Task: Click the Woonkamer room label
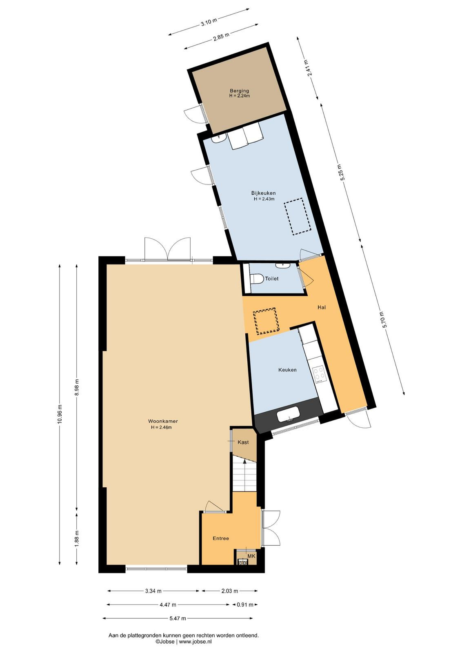(x=163, y=421)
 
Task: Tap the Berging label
(x=239, y=91)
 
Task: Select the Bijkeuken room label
(x=264, y=193)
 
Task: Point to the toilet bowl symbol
(x=257, y=278)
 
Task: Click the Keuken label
(x=287, y=370)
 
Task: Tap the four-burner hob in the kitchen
(x=320, y=374)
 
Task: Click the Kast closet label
(x=243, y=442)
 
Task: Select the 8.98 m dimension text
(x=77, y=387)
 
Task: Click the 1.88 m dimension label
(x=77, y=539)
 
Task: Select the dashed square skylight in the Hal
(x=266, y=321)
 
